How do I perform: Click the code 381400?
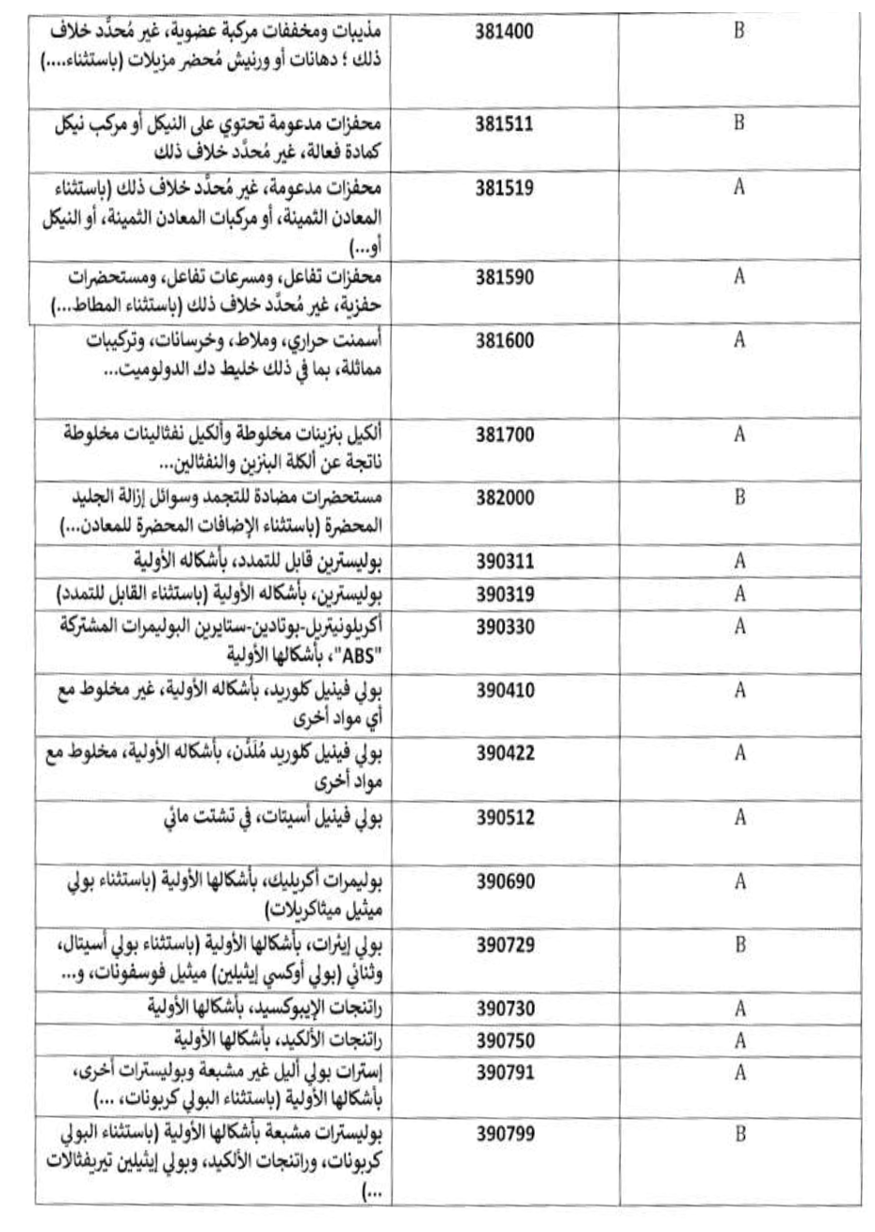(x=505, y=31)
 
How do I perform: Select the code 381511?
(x=505, y=122)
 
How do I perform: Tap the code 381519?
(x=505, y=188)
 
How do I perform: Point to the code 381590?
(x=505, y=277)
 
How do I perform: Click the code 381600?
(x=505, y=340)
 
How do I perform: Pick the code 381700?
(x=505, y=435)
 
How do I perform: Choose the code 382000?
(x=505, y=497)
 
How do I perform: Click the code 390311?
(x=505, y=562)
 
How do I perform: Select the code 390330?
(x=505, y=626)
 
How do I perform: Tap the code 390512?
(x=505, y=818)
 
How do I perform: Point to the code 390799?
(x=505, y=1135)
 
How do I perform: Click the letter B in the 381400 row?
(x=739, y=31)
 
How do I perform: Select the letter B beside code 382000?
(x=739, y=497)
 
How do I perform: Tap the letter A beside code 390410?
(x=739, y=691)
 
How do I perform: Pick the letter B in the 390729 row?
(x=739, y=945)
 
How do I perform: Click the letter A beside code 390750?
(x=739, y=1040)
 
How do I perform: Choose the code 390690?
(x=505, y=881)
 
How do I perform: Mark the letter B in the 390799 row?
(x=739, y=1135)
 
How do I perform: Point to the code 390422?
(x=505, y=752)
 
